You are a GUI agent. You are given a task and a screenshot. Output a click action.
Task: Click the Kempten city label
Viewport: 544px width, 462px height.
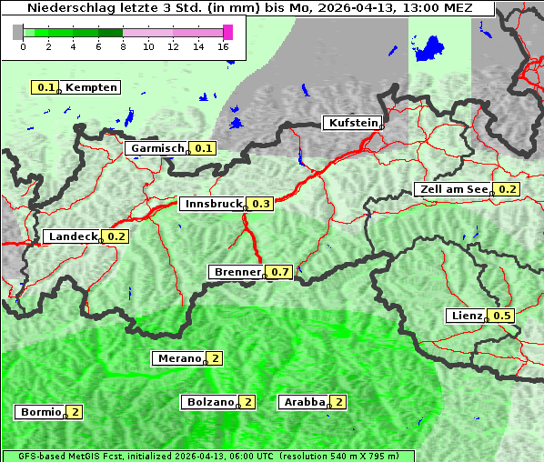click(x=91, y=87)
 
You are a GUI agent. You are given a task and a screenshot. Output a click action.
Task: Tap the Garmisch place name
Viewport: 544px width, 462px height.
click(x=156, y=148)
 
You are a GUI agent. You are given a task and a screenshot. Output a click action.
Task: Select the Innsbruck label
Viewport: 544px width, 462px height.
click(x=213, y=205)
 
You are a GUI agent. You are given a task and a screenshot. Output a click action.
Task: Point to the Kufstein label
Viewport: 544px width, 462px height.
click(x=352, y=123)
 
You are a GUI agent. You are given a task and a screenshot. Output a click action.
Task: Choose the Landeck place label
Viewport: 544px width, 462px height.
click(x=73, y=236)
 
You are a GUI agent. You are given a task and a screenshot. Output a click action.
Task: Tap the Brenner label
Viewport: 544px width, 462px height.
click(x=237, y=272)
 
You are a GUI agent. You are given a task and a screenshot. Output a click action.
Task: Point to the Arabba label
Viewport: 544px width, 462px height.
click(x=305, y=402)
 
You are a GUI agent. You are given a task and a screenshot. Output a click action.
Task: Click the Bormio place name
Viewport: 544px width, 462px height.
click(x=40, y=412)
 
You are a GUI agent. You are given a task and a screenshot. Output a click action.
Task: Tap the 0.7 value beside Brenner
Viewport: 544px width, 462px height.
click(x=280, y=272)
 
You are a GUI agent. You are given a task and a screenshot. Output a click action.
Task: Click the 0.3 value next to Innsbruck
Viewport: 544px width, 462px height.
click(x=261, y=205)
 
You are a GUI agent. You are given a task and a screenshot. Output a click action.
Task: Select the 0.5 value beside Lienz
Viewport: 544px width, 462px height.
click(x=503, y=316)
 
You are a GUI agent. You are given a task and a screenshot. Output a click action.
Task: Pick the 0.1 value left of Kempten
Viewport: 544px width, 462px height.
click(x=45, y=87)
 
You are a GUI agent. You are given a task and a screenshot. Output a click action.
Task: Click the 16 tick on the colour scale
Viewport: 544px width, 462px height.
click(x=224, y=45)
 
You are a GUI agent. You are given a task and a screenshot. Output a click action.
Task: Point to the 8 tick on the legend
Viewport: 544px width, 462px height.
click(x=123, y=45)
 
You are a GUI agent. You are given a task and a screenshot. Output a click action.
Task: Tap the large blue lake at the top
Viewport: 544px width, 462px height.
click(x=429, y=50)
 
